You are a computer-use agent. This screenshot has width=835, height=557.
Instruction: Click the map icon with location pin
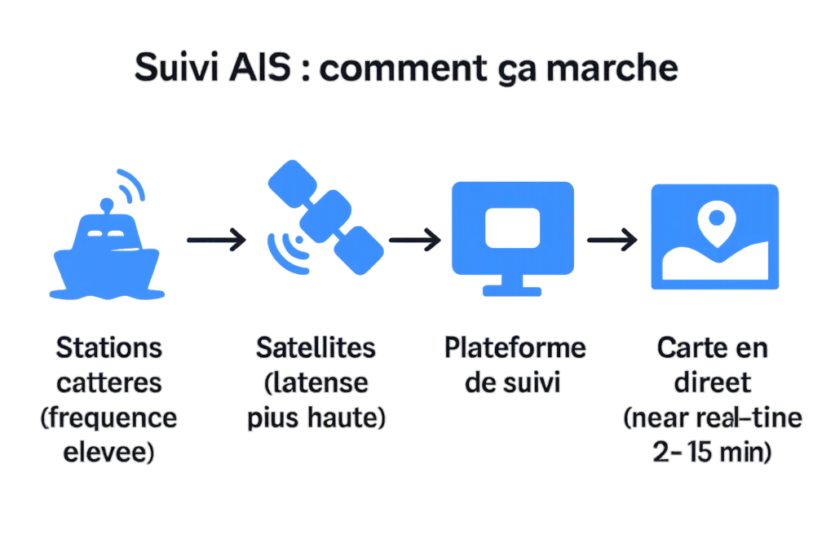pos(714,238)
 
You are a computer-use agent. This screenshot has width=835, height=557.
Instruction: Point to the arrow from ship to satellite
pos(214,240)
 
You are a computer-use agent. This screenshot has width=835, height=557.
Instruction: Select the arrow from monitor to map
pos(612,240)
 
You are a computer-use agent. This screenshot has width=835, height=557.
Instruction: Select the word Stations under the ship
pos(108,347)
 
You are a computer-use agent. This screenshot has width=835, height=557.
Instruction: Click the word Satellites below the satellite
pos(316,347)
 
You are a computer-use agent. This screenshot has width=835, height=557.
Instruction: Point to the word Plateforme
pos(515,347)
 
